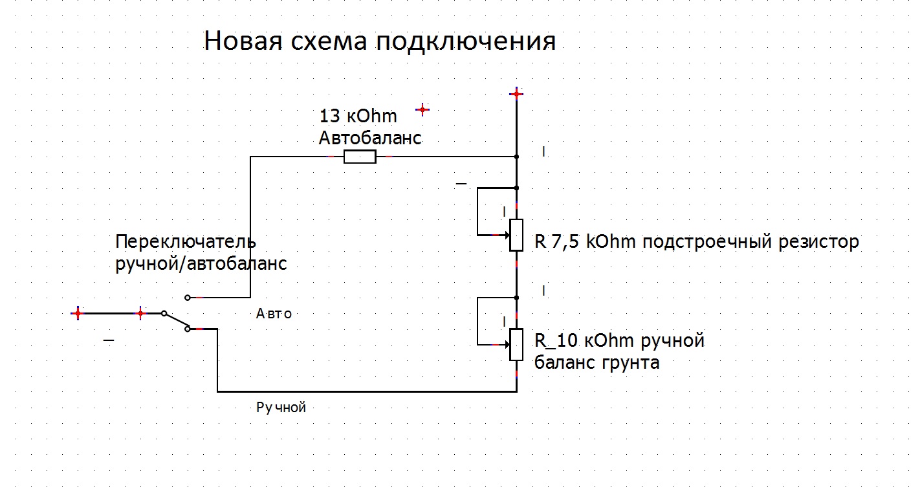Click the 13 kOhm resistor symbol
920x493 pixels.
coord(360,157)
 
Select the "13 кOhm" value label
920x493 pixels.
coord(358,117)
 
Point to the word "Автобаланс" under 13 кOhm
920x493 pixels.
coord(370,138)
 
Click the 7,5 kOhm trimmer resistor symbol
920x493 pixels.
coord(516,235)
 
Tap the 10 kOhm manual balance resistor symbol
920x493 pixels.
coord(516,344)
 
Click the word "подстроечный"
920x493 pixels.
coord(710,242)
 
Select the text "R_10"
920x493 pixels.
coord(556,340)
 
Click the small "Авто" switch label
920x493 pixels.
coord(274,314)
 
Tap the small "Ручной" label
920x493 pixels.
coord(281,408)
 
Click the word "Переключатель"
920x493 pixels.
coord(186,242)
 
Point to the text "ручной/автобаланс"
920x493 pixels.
coord(201,264)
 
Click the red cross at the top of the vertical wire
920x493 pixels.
coord(516,94)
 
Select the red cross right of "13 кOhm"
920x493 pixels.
coord(422,110)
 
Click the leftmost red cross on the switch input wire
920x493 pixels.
coord(78,313)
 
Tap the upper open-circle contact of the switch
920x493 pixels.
coord(188,298)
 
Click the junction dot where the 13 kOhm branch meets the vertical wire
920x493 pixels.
coord(516,157)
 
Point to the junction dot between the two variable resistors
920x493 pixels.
coord(516,298)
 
